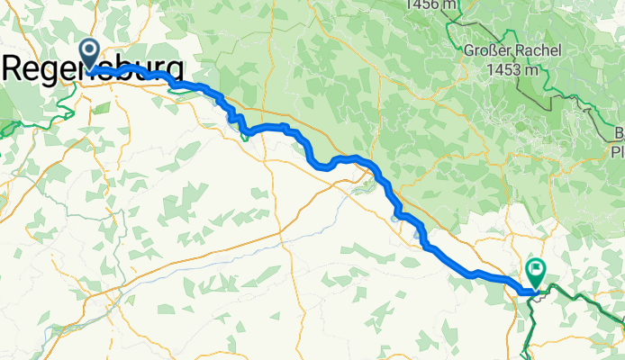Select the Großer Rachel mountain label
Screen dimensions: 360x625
(510, 51)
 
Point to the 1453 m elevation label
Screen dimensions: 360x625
(510, 68)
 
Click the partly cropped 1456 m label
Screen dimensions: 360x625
(433, 4)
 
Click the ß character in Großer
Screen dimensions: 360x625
(492, 51)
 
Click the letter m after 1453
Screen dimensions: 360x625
(531, 68)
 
